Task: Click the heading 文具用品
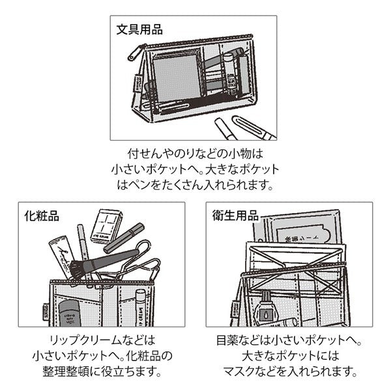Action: click(x=139, y=29)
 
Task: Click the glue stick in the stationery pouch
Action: click(x=230, y=72)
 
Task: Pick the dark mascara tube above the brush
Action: click(x=124, y=238)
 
